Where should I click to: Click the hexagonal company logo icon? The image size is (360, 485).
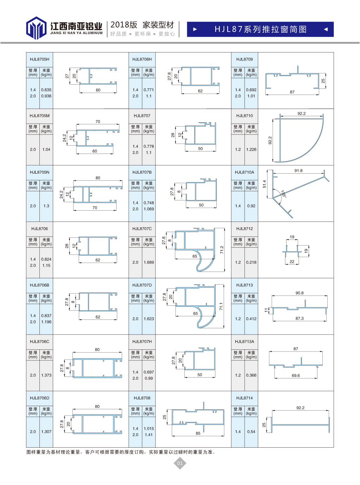(x=36, y=28)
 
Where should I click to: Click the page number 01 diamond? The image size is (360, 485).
(x=180, y=463)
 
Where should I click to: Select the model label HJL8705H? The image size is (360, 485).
(x=39, y=59)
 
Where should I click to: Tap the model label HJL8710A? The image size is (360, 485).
(x=244, y=172)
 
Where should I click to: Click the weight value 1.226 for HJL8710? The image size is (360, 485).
(x=251, y=149)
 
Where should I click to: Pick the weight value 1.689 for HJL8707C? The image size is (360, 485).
(x=149, y=262)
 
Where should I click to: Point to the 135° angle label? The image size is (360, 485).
(x=284, y=194)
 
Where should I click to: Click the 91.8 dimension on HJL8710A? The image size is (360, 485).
(x=298, y=170)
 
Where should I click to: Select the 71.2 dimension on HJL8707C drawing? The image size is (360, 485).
(x=222, y=250)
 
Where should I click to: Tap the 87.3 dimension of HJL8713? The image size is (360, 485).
(x=299, y=318)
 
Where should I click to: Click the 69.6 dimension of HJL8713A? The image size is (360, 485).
(x=296, y=375)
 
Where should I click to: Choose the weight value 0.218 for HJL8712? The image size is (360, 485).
(x=251, y=262)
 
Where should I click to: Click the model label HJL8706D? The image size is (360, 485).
(x=39, y=398)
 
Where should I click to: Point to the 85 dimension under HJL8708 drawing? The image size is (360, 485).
(x=198, y=433)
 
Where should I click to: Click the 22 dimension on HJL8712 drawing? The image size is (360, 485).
(x=292, y=262)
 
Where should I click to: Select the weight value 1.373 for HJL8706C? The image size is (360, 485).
(x=46, y=375)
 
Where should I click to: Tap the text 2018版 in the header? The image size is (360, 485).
(x=124, y=25)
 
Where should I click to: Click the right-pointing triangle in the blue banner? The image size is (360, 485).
(x=195, y=29)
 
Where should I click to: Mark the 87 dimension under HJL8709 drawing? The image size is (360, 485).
(x=292, y=92)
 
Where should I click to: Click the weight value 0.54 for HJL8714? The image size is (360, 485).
(x=251, y=432)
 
